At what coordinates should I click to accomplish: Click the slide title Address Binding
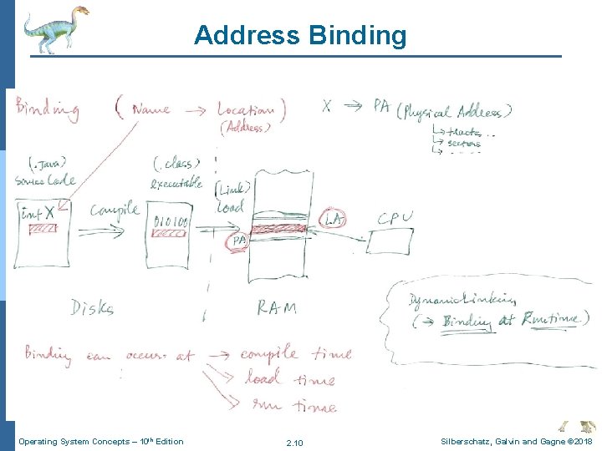(300, 36)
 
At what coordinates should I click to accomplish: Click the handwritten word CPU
(395, 219)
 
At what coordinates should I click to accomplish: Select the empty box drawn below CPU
(389, 242)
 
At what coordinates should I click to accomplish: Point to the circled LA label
(334, 219)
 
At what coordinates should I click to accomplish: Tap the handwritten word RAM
(276, 308)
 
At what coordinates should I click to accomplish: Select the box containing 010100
(173, 237)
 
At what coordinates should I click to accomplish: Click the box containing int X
(43, 231)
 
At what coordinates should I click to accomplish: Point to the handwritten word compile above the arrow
(115, 210)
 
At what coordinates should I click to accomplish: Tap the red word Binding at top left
(47, 109)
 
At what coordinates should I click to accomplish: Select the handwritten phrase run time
(294, 406)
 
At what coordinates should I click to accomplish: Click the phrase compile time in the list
(295, 354)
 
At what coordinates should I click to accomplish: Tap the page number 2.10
(294, 442)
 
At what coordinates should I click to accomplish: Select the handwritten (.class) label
(174, 163)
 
